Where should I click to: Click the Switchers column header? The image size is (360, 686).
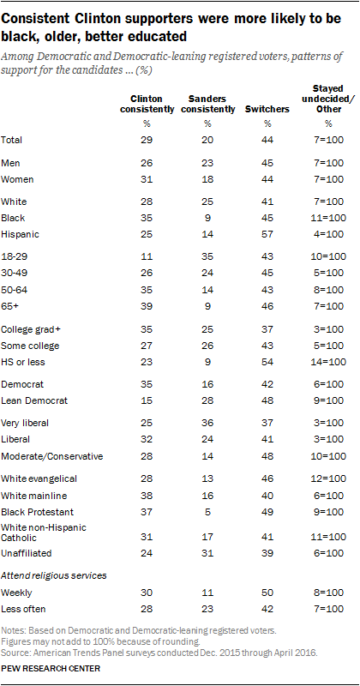267,110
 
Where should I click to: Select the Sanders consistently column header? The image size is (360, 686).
207,104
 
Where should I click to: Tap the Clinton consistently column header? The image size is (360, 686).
147,104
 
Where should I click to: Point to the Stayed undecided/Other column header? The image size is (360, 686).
328,99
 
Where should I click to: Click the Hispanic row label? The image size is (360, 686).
20,234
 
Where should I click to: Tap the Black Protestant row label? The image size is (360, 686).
38,512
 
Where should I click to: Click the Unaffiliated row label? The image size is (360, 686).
27,553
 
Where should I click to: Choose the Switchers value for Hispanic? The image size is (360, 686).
267,234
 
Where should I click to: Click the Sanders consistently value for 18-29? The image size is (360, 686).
207,256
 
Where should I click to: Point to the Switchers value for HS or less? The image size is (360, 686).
267,362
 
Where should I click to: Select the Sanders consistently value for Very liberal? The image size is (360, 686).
207,423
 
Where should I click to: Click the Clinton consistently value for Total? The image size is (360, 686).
147,140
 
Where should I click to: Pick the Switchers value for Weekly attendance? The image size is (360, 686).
267,593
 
